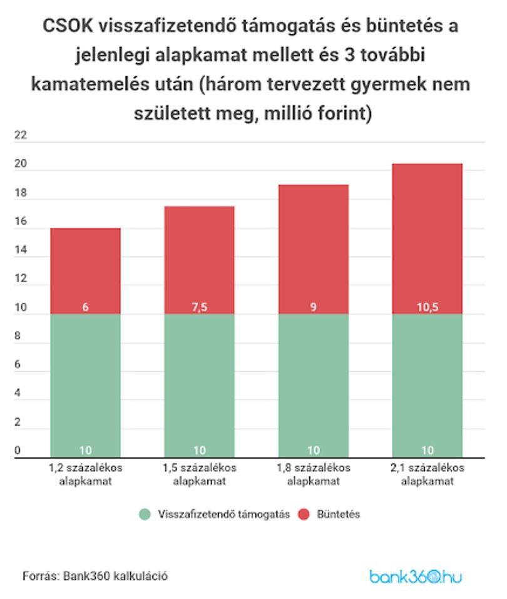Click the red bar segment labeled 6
[86, 271]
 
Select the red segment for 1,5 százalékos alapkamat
[200, 260]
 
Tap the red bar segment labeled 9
[314, 250]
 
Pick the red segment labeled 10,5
[428, 238]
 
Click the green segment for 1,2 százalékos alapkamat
[86, 386]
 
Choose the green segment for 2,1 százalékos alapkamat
[428, 386]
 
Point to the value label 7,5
[200, 307]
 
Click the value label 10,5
[428, 307]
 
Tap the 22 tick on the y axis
[21, 135]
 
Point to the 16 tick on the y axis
[21, 221]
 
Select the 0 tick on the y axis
[18, 451]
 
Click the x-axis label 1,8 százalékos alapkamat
[314, 474]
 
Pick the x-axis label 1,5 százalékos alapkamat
[200, 474]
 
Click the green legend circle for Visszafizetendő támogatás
[145, 515]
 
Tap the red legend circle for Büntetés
[304, 515]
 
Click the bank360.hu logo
[416, 576]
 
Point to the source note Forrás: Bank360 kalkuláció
[95, 576]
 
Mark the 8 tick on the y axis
[18, 335]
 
